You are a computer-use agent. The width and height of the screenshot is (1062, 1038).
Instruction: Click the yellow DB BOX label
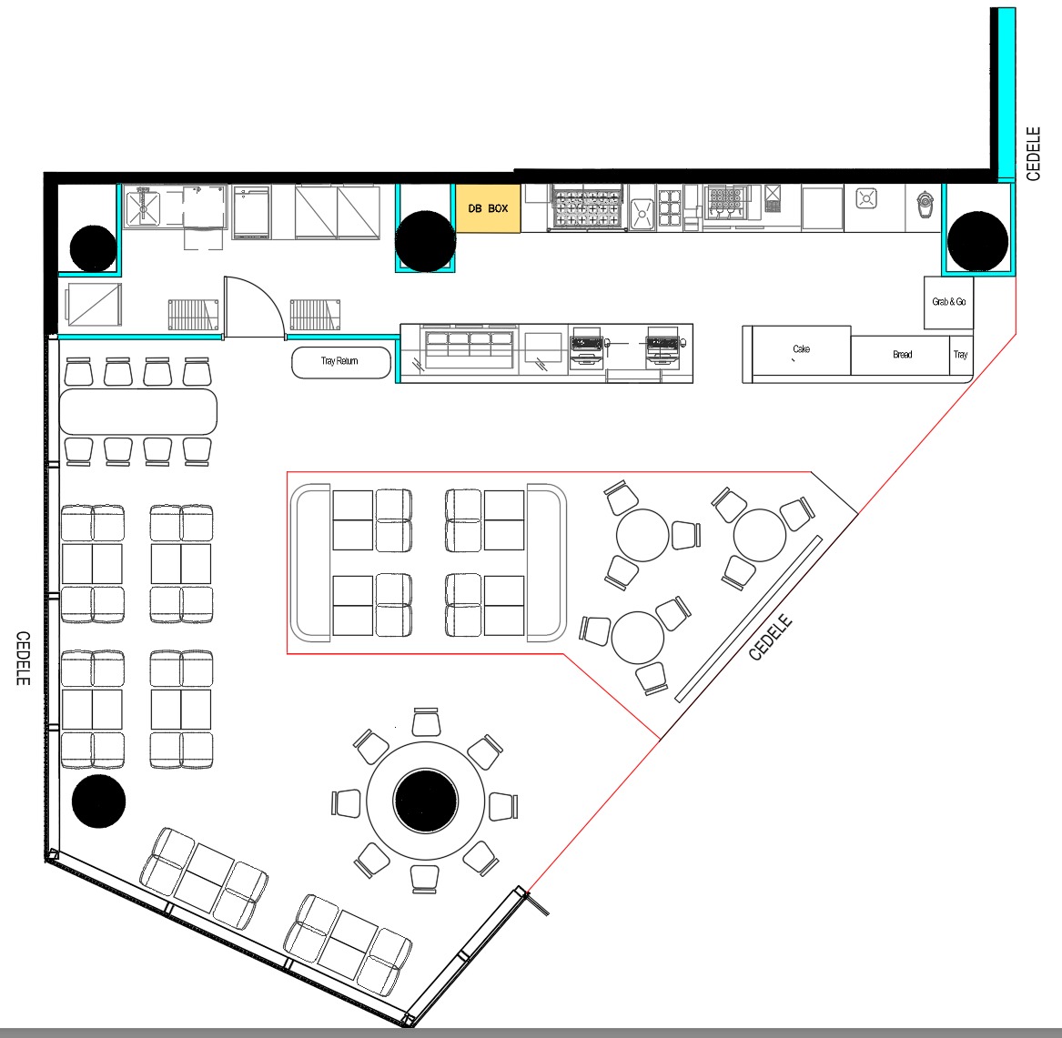coord(488,208)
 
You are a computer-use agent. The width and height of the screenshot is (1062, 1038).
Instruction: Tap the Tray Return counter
coord(340,362)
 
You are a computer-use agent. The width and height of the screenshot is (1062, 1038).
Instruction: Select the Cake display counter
coord(801,350)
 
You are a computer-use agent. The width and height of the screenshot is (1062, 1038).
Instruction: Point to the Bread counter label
coord(902,355)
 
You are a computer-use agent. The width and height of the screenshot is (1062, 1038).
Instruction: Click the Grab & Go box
coord(949,302)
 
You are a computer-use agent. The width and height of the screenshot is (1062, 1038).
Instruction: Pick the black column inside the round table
coord(426,801)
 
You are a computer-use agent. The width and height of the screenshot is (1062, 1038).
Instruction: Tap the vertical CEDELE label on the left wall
coord(23,658)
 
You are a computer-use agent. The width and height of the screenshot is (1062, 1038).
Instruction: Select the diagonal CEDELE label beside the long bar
coord(770,637)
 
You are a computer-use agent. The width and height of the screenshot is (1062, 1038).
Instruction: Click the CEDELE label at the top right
coord(1033,154)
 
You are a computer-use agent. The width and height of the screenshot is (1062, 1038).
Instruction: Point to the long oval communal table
coord(138,411)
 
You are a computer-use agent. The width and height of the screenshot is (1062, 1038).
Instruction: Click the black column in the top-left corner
coord(93,248)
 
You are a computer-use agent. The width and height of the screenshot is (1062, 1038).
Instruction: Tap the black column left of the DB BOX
coord(425,241)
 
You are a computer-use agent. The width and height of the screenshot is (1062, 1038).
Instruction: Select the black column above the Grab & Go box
coord(977,241)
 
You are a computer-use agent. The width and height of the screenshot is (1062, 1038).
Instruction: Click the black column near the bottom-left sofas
coord(99,801)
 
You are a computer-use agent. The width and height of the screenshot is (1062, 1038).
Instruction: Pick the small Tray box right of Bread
coord(961,355)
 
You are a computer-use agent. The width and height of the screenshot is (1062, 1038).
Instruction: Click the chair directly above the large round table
coord(426,721)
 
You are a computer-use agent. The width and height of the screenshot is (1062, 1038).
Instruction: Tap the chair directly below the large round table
coord(425,880)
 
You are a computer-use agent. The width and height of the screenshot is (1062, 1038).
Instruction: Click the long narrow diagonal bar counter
coord(748,619)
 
